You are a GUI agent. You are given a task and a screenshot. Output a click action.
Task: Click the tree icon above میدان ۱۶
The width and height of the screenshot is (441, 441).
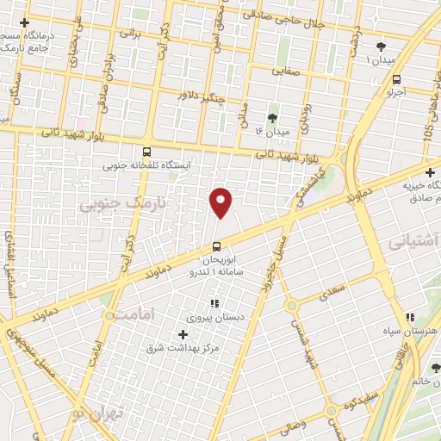[x=273, y=118]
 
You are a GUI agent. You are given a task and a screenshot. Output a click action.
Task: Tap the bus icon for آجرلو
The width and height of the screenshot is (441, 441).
[x=395, y=77]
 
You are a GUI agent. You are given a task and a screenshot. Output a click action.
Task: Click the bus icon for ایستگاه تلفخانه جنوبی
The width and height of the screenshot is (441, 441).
[x=147, y=150]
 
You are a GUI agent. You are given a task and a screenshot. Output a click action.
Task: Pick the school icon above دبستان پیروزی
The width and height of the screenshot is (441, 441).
[x=214, y=303]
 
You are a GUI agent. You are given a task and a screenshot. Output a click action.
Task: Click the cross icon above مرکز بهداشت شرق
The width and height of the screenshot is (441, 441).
[x=183, y=333]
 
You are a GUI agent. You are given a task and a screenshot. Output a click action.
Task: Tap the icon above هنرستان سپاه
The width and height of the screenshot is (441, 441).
[x=411, y=317]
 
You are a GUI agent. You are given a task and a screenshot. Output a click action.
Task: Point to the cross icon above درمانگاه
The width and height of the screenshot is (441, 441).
[x=24, y=22]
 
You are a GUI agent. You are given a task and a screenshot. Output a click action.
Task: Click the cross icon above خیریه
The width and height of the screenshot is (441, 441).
[x=430, y=172]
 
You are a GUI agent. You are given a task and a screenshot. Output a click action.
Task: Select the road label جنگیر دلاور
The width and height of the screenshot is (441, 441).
[x=201, y=97]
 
